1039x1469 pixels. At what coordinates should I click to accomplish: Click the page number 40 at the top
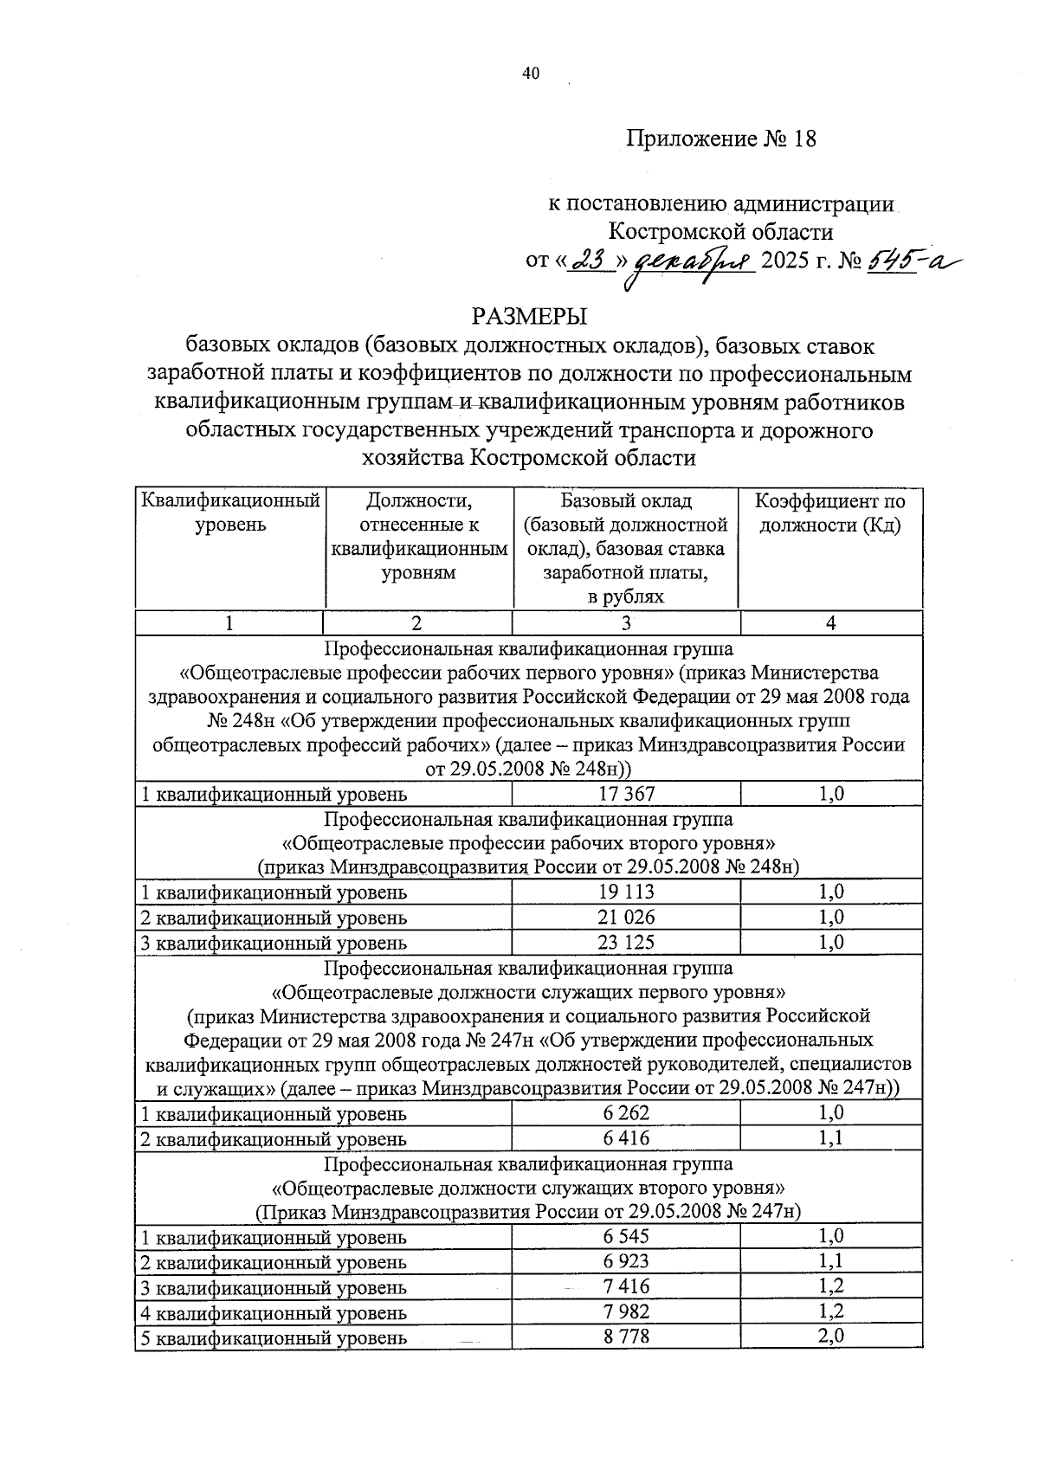530,74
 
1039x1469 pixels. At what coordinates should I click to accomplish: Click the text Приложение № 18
721,139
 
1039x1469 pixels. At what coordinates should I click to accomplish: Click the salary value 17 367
626,794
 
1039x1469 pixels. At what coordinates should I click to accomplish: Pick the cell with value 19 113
626,892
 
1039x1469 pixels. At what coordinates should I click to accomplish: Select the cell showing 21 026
626,917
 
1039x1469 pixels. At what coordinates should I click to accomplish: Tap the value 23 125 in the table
626,942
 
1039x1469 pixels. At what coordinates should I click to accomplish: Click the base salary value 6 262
626,1113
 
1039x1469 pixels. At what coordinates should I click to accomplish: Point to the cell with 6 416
626,1137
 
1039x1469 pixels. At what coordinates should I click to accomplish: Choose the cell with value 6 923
626,1261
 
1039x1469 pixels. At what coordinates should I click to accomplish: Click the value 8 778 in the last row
626,1336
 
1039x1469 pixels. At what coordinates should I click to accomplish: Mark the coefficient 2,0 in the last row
831,1336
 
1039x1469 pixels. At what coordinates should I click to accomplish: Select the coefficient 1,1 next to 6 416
831,1137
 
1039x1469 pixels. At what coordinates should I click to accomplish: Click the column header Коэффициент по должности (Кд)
830,513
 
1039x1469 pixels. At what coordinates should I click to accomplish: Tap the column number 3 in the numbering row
626,623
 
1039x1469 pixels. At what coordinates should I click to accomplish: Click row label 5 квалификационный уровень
274,1337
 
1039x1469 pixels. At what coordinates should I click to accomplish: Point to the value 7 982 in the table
626,1311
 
